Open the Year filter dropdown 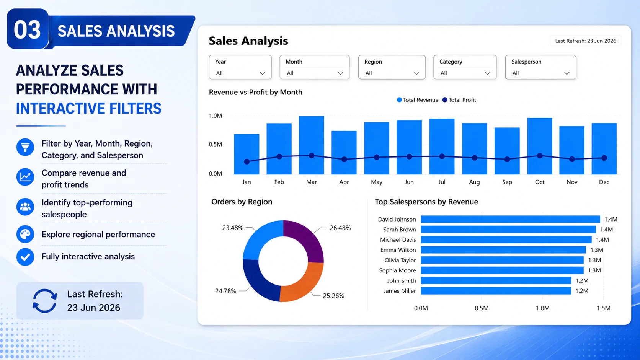240,67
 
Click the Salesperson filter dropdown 540,67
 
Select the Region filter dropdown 392,67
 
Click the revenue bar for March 312,145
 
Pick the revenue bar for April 344,152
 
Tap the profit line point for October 540,156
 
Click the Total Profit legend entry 459,100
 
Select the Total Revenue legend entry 418,100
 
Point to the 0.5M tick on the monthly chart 216,145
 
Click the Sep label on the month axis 507,182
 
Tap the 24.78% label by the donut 226,291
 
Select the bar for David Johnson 510,219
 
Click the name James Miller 400,291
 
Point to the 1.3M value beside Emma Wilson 597,250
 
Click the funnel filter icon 25,147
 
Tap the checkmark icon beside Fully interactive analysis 25,257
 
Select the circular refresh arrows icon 44,301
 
